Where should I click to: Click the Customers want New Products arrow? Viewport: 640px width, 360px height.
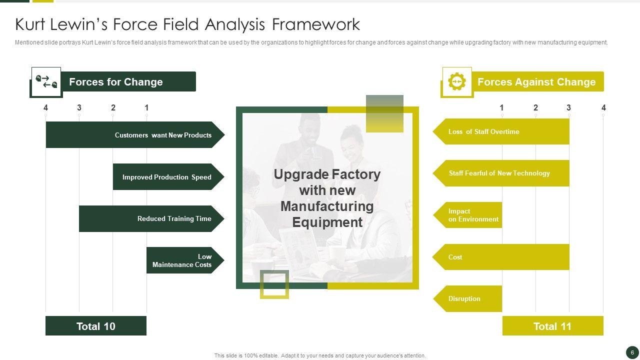click(135, 135)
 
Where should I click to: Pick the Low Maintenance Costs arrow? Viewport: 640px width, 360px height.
click(185, 260)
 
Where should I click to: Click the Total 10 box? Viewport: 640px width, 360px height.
click(96, 326)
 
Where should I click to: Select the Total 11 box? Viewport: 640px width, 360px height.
click(552, 326)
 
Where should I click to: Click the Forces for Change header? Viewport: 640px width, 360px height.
click(127, 82)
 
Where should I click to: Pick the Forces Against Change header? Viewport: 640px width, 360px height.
click(537, 82)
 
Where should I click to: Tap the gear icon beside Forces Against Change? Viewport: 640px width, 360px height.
click(457, 81)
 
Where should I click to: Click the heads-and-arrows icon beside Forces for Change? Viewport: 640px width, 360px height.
click(46, 81)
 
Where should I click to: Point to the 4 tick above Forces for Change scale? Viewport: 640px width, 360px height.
click(46, 108)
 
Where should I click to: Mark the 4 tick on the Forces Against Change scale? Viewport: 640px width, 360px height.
click(603, 108)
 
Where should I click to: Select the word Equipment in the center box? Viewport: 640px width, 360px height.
click(327, 222)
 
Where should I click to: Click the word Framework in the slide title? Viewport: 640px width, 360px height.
click(316, 24)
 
